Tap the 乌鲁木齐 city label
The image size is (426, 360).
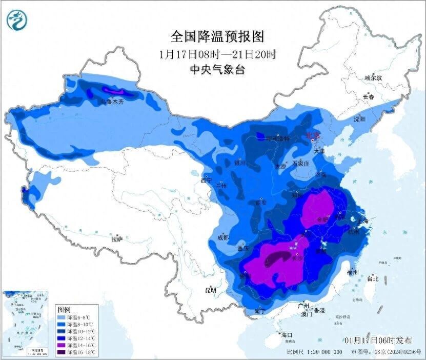click(x=112, y=102)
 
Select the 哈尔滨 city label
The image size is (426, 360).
click(x=373, y=78)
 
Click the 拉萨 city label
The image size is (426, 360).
click(x=117, y=238)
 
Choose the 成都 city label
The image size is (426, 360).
click(x=222, y=237)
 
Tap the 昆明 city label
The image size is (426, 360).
click(x=211, y=290)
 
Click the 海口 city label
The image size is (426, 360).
click(x=286, y=335)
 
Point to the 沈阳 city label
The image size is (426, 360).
click(x=359, y=119)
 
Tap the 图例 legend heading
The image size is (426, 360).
click(x=64, y=310)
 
